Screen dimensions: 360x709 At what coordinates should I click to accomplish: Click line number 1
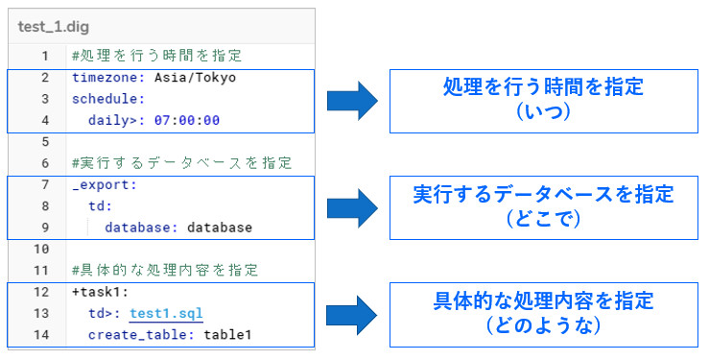(44, 56)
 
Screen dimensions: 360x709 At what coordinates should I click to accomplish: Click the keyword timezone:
(108, 78)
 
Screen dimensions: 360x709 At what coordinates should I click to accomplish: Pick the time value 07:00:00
(187, 120)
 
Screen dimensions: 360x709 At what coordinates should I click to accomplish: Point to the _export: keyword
(105, 184)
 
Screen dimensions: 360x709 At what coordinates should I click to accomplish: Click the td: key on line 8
(101, 205)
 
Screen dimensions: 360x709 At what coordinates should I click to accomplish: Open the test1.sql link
(166, 313)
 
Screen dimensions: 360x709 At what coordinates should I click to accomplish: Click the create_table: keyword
(142, 335)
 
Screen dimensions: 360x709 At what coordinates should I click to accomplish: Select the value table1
(228, 335)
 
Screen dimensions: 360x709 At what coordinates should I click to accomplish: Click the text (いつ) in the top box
(543, 112)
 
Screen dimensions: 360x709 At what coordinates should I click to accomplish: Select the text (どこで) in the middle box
(543, 219)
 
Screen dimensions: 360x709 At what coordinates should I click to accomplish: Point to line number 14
(44, 335)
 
